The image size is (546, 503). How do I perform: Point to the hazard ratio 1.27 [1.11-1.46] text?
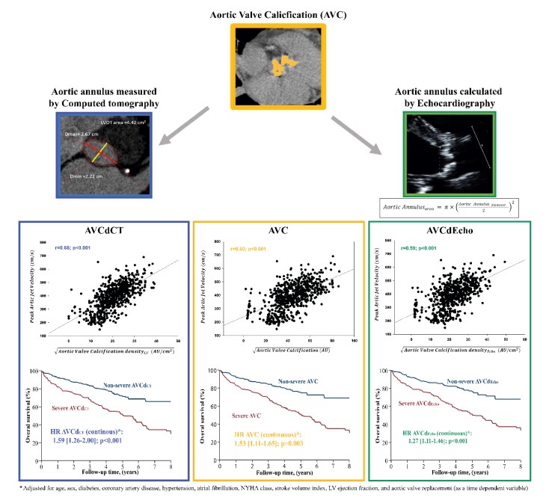447,439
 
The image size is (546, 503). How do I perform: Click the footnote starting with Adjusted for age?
273,488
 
